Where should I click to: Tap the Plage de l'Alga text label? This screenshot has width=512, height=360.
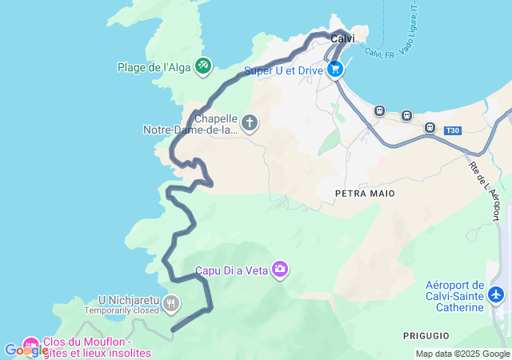pos(154,67)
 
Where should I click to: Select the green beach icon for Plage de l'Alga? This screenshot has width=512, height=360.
pos(203,65)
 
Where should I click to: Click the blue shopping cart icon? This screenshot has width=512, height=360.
pos(335,70)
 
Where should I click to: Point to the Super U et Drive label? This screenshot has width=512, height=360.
pos(283,70)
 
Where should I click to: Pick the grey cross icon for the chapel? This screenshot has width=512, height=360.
pos(250,123)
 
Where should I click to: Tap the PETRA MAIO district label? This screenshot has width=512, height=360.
pos(362,194)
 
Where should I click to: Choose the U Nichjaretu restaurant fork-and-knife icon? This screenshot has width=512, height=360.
pos(170,303)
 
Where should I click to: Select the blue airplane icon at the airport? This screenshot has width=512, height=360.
pos(497,295)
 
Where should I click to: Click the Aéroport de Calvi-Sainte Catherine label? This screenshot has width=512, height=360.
pos(455,296)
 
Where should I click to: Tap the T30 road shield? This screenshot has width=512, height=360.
pos(454,130)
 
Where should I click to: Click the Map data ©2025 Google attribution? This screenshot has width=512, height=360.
pos(462,354)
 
